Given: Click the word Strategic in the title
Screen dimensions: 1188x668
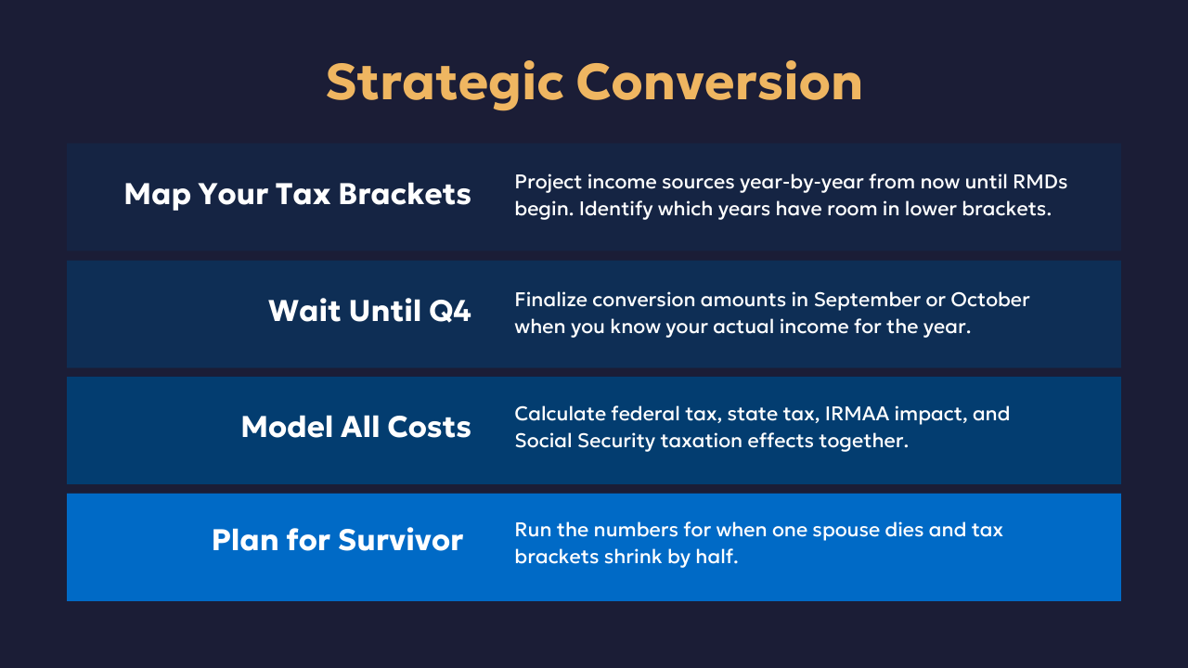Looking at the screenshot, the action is [445, 83].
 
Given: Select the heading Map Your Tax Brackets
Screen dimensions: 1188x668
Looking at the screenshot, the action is [298, 195].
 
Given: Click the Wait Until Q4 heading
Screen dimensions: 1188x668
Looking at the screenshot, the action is [369, 311].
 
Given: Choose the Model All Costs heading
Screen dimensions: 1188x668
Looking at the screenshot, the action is [355, 427].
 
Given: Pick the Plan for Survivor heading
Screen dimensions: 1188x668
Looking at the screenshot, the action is [337, 540].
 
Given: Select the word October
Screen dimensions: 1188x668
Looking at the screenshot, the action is [989, 300].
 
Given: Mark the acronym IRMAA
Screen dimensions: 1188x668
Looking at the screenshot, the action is [857, 414].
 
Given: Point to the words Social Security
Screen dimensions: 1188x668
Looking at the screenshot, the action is [585, 442].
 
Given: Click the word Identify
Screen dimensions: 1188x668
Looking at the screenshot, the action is [610, 210].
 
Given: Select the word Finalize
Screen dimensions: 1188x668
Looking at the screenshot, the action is [550, 300].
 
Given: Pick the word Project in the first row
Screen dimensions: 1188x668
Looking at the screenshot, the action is [549, 184].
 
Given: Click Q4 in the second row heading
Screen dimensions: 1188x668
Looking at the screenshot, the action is [450, 311].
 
